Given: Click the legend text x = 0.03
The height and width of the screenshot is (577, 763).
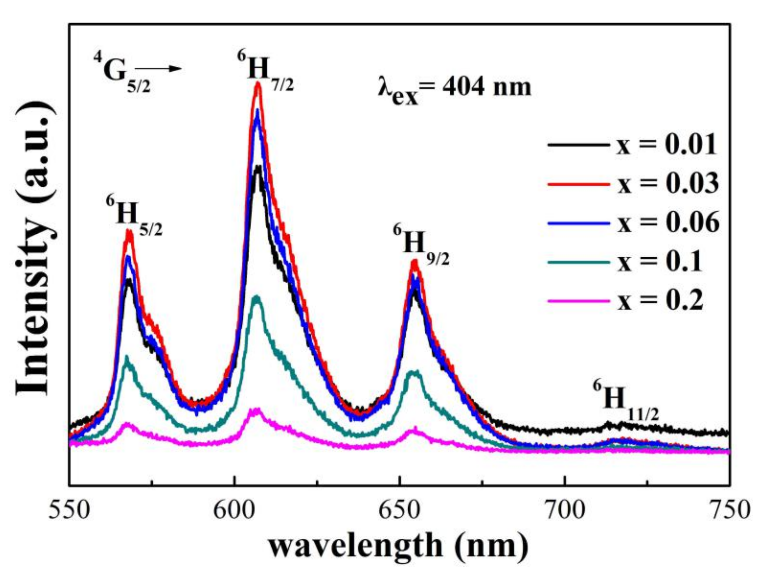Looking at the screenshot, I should (667, 184).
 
